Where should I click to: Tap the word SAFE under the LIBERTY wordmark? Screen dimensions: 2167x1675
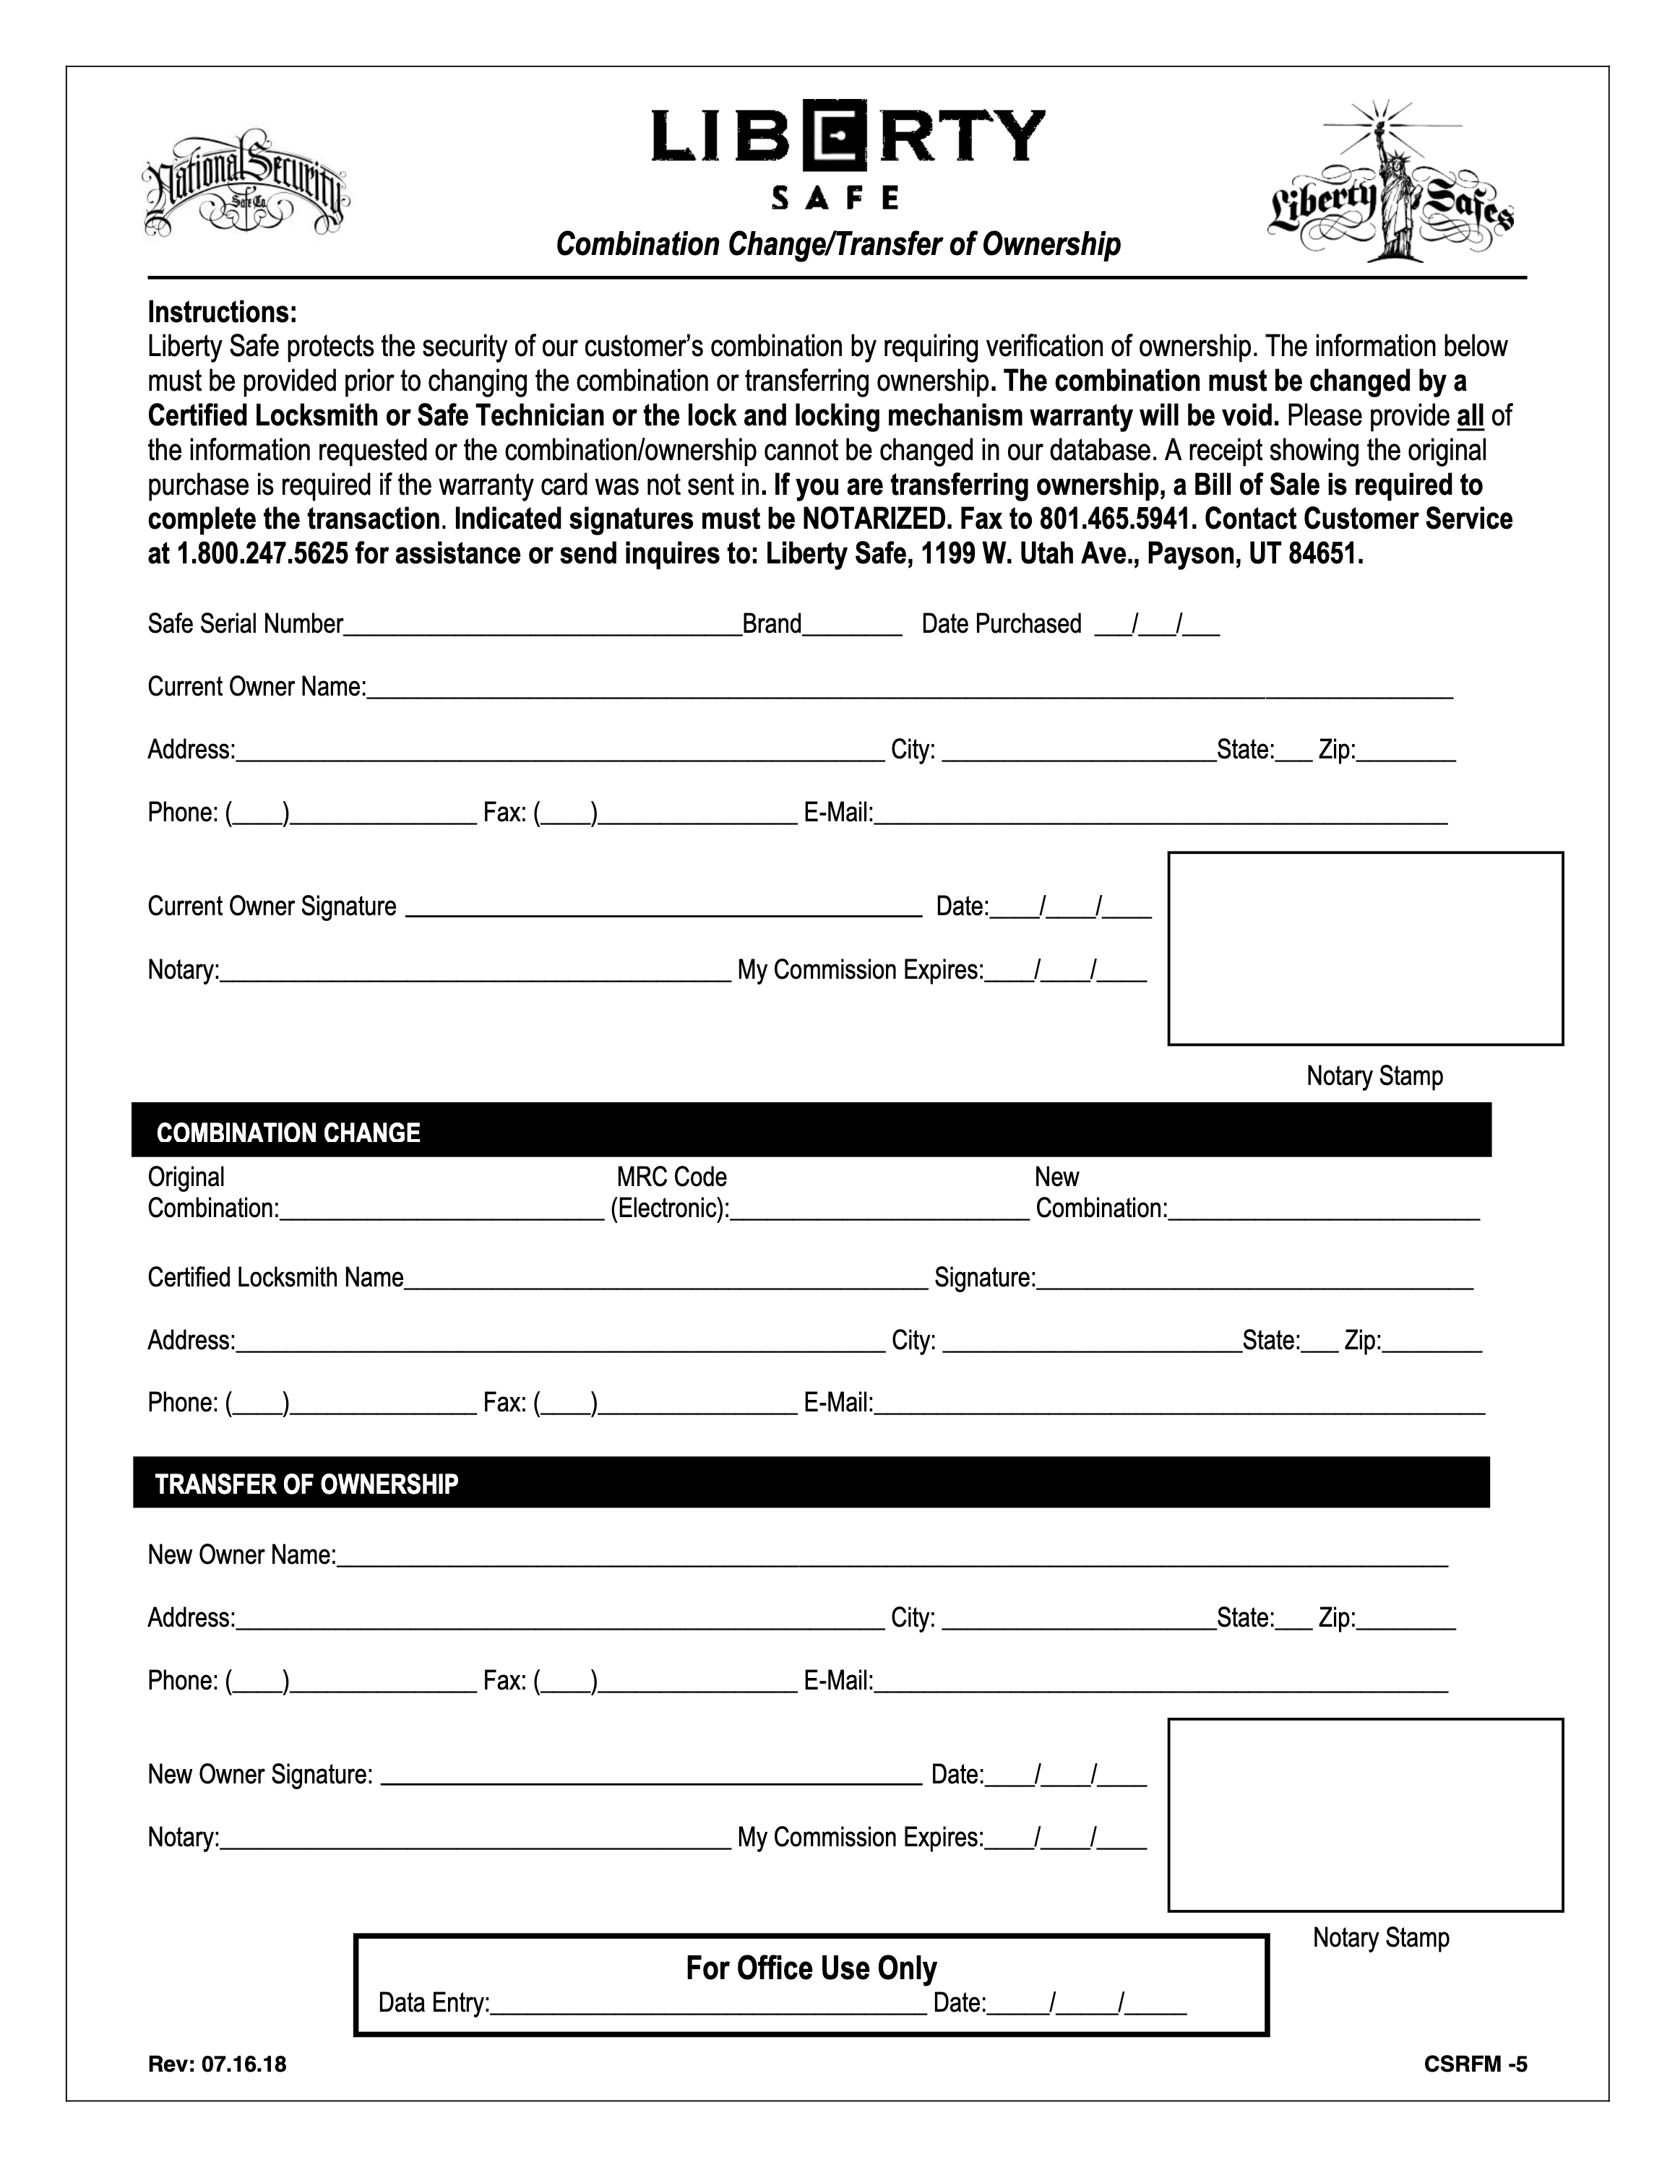tap(835, 199)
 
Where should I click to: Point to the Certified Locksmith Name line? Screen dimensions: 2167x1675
tap(666, 1280)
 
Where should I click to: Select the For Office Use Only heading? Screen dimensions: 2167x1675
tap(811, 1968)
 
